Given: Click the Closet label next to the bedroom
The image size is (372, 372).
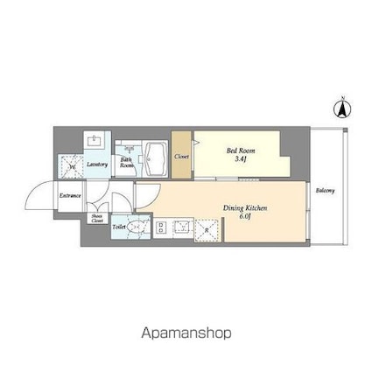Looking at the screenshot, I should coord(182,156).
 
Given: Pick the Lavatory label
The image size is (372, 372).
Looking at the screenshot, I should coord(97,164).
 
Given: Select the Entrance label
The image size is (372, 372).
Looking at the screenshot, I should coord(70,195).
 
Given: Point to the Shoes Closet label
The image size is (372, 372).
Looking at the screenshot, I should coord(96,219).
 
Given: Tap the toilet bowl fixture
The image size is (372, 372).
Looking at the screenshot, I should coord(133,225).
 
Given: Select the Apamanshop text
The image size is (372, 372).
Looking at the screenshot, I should coord(186,333).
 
